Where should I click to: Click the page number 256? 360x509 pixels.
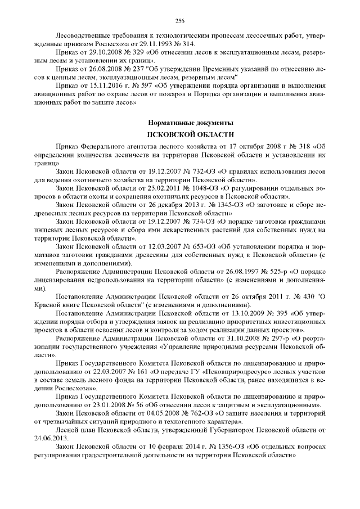[x=179, y=21]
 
